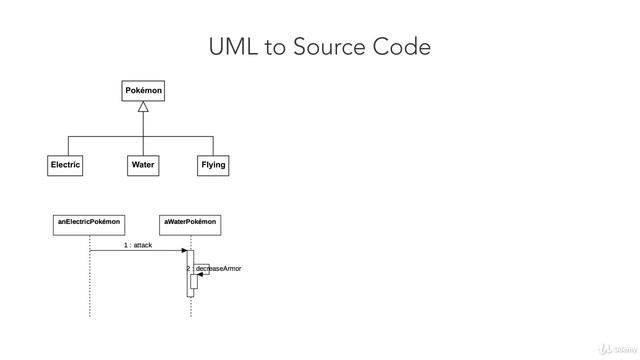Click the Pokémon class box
click(143, 91)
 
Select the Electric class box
click(65, 165)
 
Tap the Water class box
click(143, 165)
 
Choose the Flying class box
click(213, 165)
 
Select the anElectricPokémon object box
click(89, 223)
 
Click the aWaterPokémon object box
click(190, 223)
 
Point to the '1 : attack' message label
click(138, 244)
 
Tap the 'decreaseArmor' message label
click(218, 269)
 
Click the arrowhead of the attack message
click(183, 251)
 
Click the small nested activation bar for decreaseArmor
click(194, 281)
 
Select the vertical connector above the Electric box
click(68, 145)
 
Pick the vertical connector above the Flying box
click(213, 145)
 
